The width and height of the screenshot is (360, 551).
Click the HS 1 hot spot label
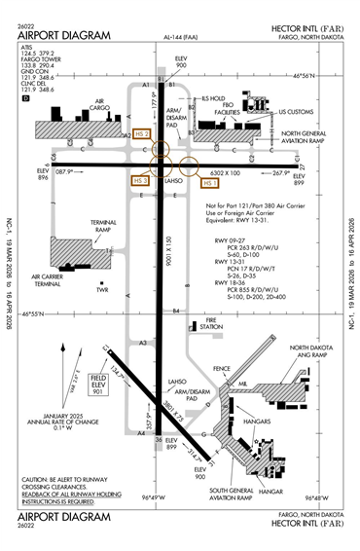tap(210, 182)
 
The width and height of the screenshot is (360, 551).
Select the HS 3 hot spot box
tap(139, 180)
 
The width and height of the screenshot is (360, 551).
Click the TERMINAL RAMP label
tap(77, 225)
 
